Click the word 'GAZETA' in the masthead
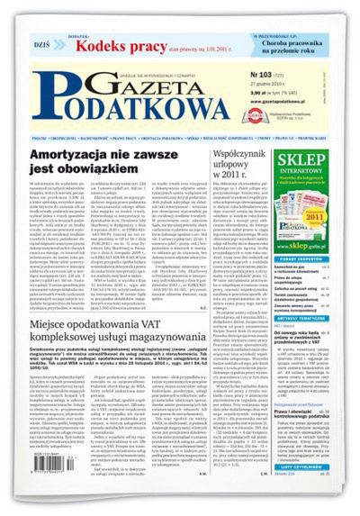142,81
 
